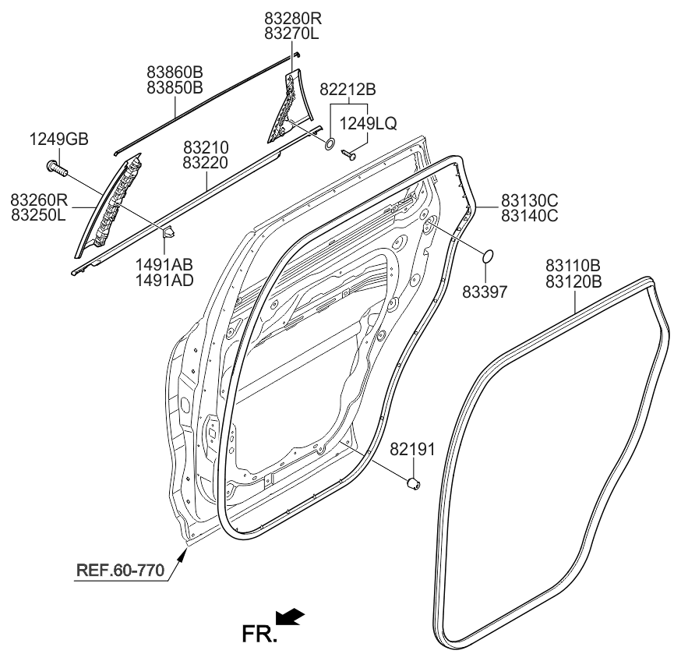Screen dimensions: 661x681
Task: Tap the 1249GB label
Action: [x=58, y=140]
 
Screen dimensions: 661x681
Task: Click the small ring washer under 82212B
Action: [x=330, y=143]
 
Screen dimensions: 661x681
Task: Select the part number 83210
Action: [x=206, y=147]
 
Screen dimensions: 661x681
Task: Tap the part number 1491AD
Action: [x=164, y=280]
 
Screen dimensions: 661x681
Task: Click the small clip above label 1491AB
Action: [x=168, y=231]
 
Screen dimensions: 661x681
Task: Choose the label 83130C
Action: [x=530, y=200]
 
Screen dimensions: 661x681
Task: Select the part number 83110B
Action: [x=573, y=266]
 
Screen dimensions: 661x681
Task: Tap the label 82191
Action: [x=412, y=449]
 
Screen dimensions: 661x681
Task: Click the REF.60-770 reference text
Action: [x=119, y=571]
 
